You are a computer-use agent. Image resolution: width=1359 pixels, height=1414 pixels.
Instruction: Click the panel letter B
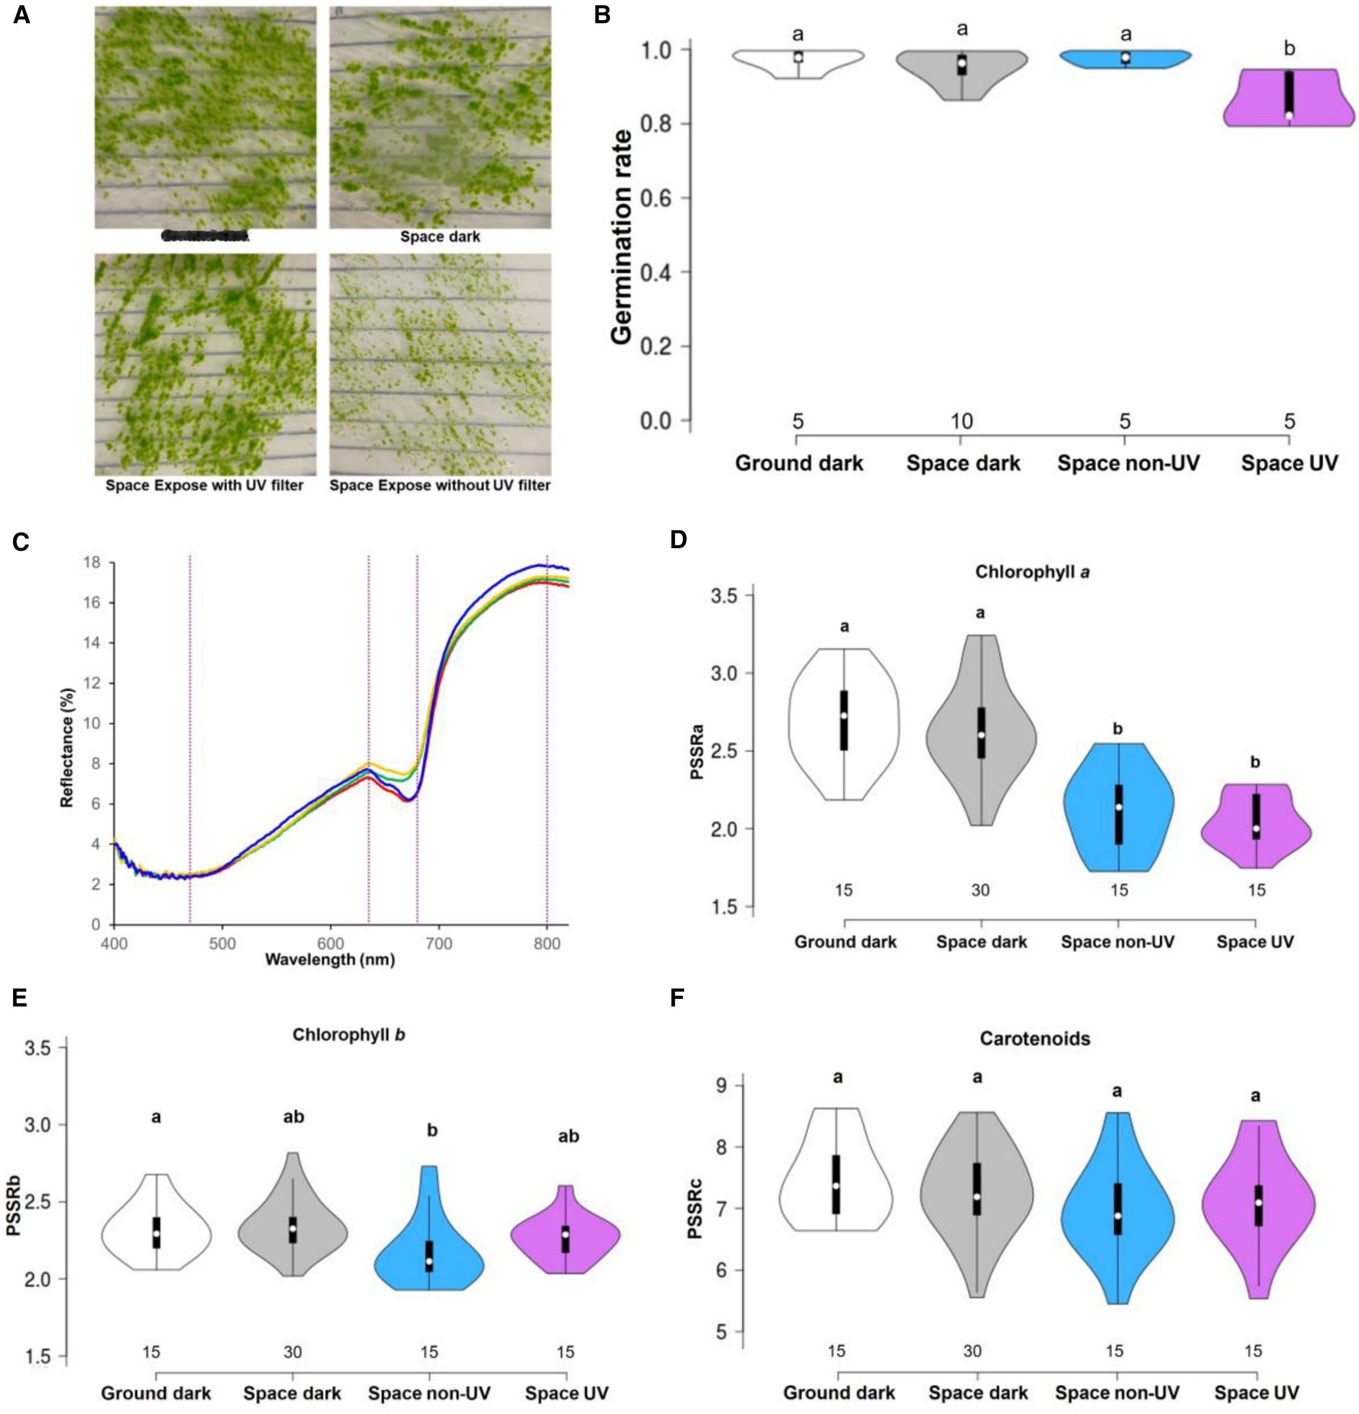click(602, 15)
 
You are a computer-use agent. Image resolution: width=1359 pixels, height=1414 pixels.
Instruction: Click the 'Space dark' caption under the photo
click(440, 237)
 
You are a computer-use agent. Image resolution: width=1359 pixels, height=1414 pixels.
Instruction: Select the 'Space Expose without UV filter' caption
click(440, 486)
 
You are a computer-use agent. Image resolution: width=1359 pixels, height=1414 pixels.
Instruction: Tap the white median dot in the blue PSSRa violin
click(1118, 807)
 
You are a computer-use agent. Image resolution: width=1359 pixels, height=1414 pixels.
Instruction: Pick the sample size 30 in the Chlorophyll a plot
click(980, 890)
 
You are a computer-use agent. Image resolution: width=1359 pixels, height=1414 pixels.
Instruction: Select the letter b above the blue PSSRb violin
click(432, 1131)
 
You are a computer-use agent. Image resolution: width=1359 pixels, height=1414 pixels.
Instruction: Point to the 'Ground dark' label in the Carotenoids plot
click(839, 1392)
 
